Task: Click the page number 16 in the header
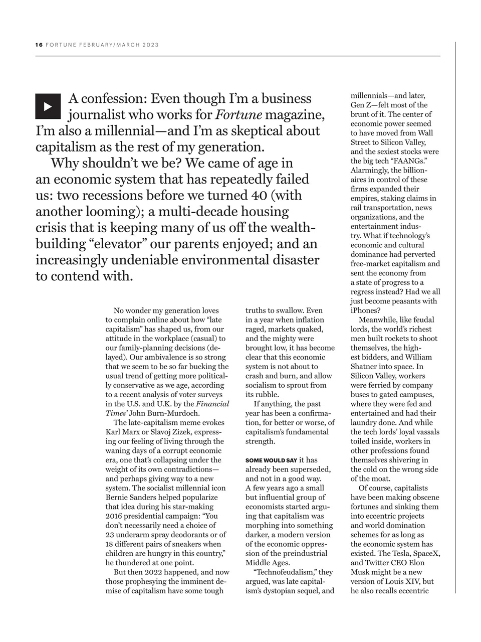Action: tap(39, 45)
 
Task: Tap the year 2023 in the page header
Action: tap(150, 45)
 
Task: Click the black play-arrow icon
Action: tap(48, 106)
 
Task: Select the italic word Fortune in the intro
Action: tap(238, 115)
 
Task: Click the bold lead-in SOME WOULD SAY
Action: tap(271, 460)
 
